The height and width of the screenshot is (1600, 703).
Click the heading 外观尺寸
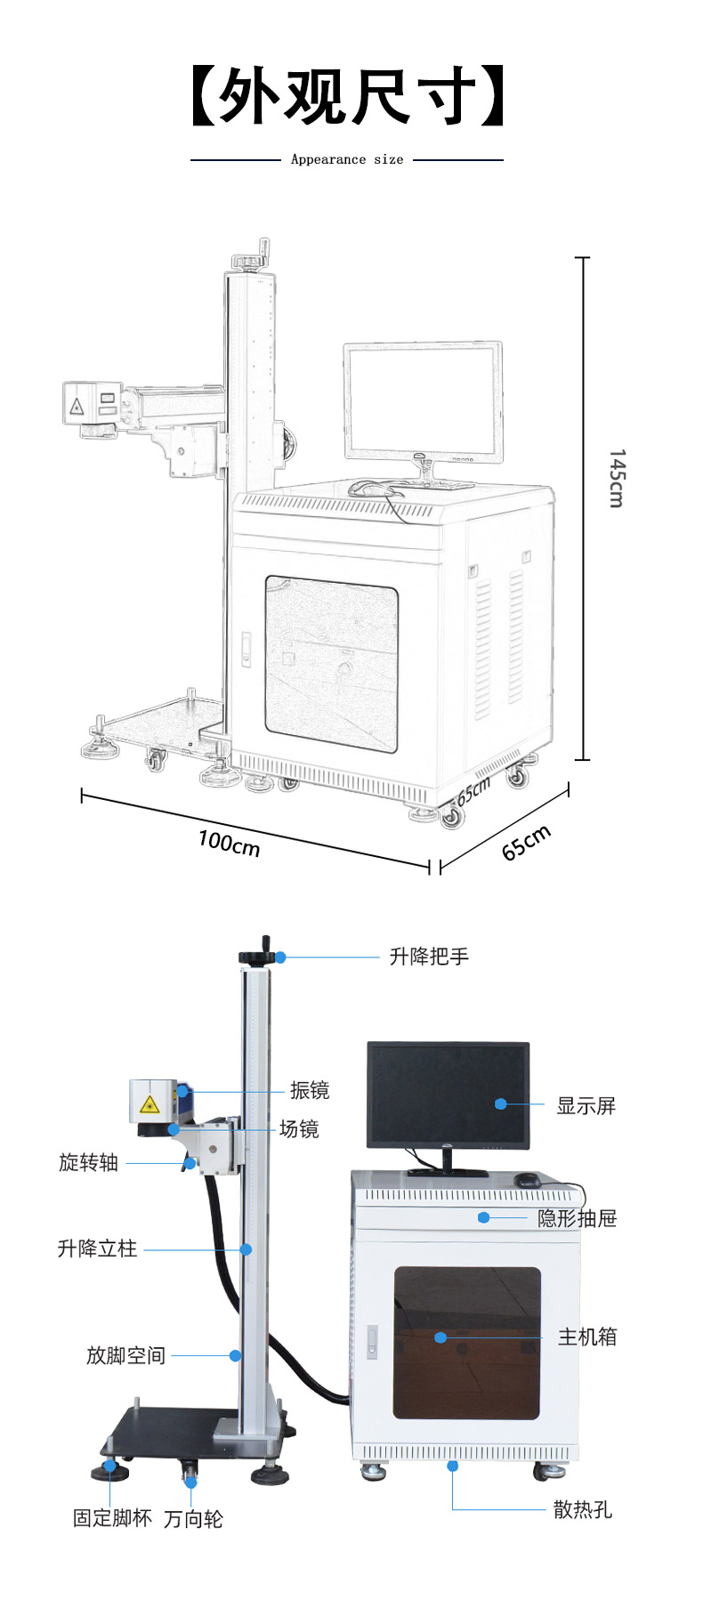click(347, 95)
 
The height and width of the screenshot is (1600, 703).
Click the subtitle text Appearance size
click(346, 160)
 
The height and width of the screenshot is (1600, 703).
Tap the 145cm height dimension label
click(617, 478)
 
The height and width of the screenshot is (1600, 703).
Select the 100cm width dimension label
click(229, 844)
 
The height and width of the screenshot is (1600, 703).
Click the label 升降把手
click(429, 957)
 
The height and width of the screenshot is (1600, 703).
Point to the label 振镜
click(310, 1090)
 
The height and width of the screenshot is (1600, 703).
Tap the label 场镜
click(299, 1129)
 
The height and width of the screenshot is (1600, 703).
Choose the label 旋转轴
click(88, 1162)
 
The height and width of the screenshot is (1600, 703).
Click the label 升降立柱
click(97, 1248)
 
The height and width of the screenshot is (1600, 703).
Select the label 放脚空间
click(125, 1355)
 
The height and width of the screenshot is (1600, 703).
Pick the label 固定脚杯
click(112, 1518)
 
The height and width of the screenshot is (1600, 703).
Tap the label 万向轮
click(193, 1519)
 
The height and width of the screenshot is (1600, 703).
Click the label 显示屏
click(586, 1105)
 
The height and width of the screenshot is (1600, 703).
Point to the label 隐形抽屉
click(577, 1218)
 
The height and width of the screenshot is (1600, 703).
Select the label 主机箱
click(586, 1337)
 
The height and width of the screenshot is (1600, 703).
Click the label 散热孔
click(582, 1509)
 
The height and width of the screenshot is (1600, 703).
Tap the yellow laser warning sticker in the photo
click(149, 1105)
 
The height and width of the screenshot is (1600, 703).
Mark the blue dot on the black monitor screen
click(501, 1103)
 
